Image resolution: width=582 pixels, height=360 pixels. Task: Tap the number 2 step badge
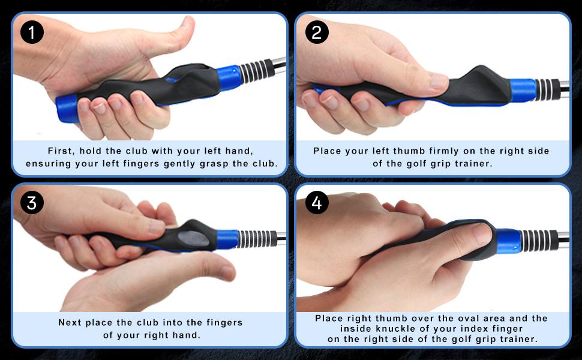[317, 32]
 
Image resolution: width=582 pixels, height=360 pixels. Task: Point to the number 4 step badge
[317, 203]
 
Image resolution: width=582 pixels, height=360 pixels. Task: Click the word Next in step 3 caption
[70, 323]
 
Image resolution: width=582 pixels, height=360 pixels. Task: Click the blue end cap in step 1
[67, 108]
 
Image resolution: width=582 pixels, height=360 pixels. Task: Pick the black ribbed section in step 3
[256, 238]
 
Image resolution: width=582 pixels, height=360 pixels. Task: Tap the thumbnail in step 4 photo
[482, 232]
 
